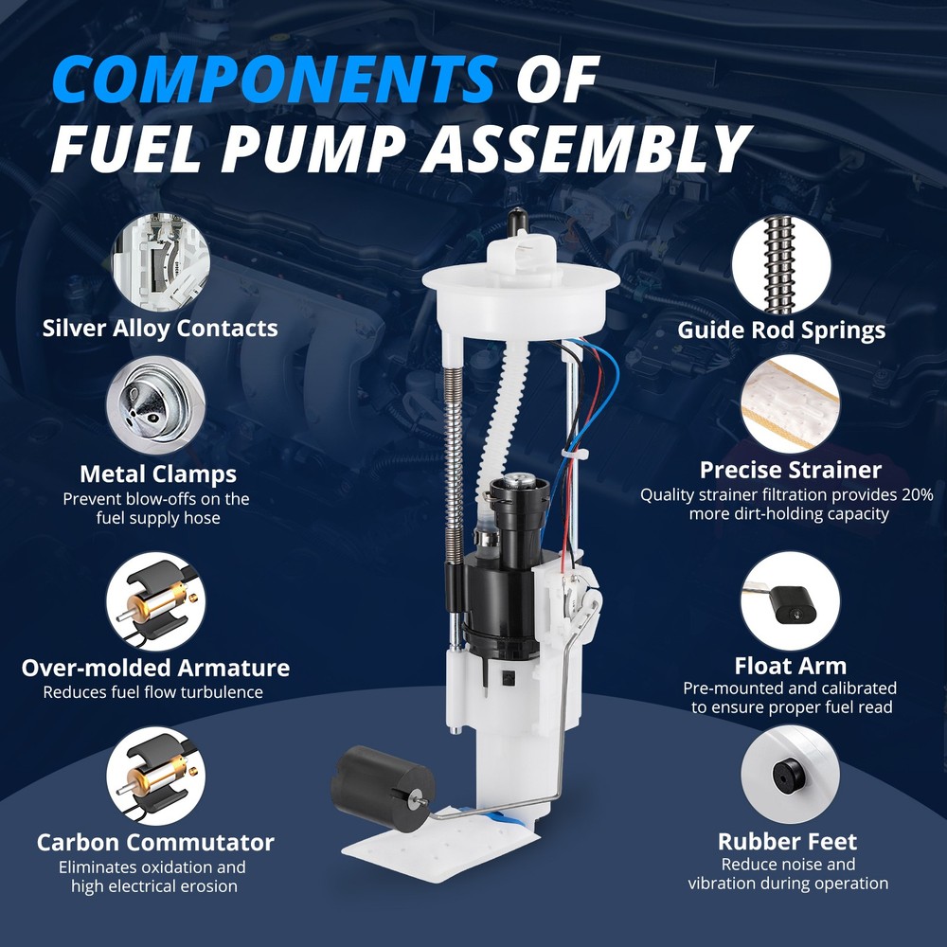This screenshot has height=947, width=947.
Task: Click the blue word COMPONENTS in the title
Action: coord(275,80)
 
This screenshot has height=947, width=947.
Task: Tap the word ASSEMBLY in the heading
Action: coord(586,150)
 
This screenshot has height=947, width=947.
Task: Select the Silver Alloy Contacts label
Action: coord(160,329)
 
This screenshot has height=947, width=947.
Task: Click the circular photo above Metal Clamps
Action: coord(156,405)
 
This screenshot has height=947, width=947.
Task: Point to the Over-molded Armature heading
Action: coord(156,668)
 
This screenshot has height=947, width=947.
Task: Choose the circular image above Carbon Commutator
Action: coord(156,777)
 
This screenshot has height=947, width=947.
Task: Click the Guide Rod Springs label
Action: coord(781,331)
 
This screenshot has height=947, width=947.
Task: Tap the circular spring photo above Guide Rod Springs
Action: coord(781,265)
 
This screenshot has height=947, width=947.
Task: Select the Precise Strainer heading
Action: coord(790,470)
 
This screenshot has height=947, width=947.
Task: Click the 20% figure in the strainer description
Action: coord(918,494)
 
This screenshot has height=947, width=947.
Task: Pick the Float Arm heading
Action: coord(791,666)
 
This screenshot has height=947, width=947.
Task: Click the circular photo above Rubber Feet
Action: coord(790,775)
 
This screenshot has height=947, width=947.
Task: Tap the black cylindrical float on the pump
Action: coord(383,788)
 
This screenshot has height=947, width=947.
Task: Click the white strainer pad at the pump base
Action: coord(442,844)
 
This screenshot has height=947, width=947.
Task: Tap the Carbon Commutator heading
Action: coord(155,843)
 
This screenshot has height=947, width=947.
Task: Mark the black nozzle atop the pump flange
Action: coord(518,221)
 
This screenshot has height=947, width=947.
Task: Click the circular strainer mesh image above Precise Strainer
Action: coord(790,403)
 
